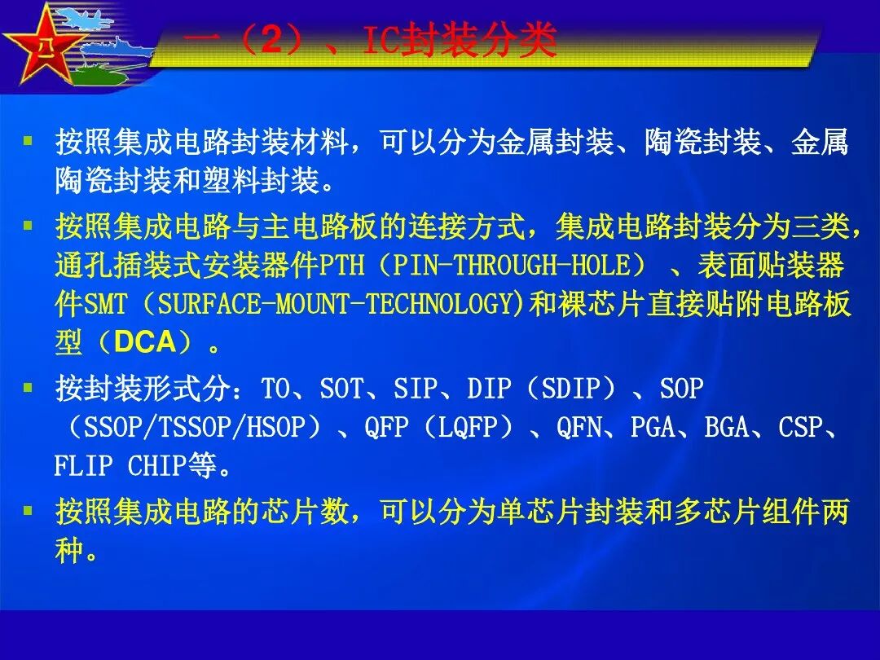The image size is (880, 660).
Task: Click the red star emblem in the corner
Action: [42, 45]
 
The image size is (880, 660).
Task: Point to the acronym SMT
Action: [106, 305]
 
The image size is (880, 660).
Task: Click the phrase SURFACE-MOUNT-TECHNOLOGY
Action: [335, 305]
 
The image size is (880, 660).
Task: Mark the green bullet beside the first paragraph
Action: [29, 140]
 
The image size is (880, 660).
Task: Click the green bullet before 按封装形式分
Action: [29, 388]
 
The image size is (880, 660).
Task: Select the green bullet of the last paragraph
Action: [29, 512]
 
